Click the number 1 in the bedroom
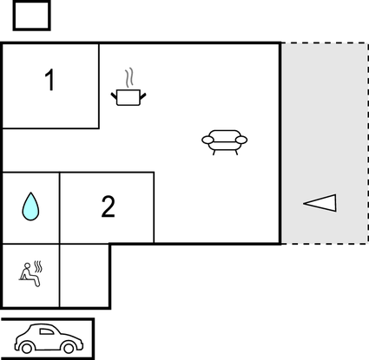click(50, 80)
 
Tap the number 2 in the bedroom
click(109, 206)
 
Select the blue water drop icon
click(30, 206)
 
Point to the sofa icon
click(225, 142)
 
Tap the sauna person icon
click(31, 274)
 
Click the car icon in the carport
click(49, 338)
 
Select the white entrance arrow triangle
click(320, 203)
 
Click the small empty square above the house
click(32, 16)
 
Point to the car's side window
click(46, 331)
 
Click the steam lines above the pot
click(129, 77)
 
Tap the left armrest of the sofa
click(208, 140)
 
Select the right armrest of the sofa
click(241, 140)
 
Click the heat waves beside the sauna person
click(38, 266)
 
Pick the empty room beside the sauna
click(84, 276)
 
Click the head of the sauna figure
click(27, 265)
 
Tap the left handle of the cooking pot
click(114, 95)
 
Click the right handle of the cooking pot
click(143, 95)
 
